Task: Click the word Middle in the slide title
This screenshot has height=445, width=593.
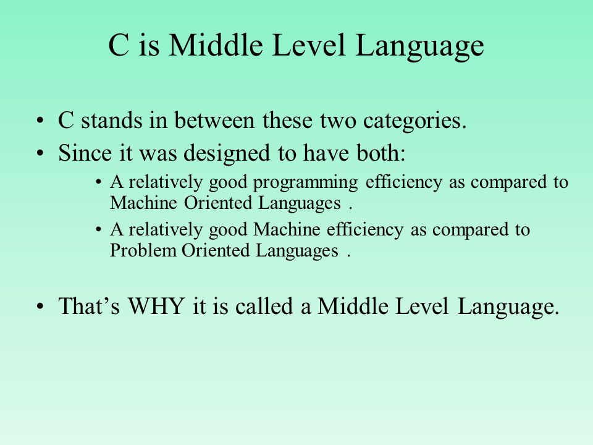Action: point(216,45)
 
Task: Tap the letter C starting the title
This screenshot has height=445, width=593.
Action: point(119,45)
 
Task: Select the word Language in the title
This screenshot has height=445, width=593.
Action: point(419,48)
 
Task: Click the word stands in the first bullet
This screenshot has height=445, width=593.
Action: point(112,121)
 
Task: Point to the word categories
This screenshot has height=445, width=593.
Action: point(414,122)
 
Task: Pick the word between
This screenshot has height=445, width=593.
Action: point(214,121)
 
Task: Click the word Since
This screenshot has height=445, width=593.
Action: point(85,153)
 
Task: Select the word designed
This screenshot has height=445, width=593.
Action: point(227,155)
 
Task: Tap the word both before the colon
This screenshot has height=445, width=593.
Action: point(378,153)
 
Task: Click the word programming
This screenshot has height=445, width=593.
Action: point(305,183)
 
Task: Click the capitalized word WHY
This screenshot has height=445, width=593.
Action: point(156,306)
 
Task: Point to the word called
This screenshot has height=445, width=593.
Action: point(264,306)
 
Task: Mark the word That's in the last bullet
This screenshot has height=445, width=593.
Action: point(89,306)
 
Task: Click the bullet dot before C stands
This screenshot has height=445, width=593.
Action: point(40,121)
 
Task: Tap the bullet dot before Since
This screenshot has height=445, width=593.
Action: point(40,154)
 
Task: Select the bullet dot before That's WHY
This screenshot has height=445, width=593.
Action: point(40,307)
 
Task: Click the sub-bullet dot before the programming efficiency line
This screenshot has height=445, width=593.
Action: point(99,183)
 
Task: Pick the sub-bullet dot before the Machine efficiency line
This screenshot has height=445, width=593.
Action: point(99,230)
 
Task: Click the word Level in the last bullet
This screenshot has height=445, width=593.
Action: point(421,306)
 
